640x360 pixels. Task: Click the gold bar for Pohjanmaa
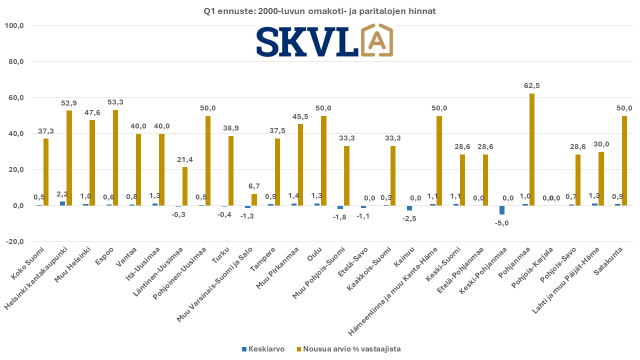[x=532, y=149]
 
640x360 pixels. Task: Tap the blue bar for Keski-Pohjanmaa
[x=502, y=210]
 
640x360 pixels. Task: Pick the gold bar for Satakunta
[x=624, y=160]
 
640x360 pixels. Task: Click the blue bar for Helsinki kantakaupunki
[x=62, y=203]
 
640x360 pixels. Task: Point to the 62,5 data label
[x=531, y=86]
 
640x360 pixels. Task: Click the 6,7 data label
[x=254, y=186]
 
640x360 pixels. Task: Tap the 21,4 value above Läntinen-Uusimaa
[x=184, y=159]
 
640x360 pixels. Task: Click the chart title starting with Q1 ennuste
[x=320, y=11]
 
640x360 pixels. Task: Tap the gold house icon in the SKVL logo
[x=376, y=40]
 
